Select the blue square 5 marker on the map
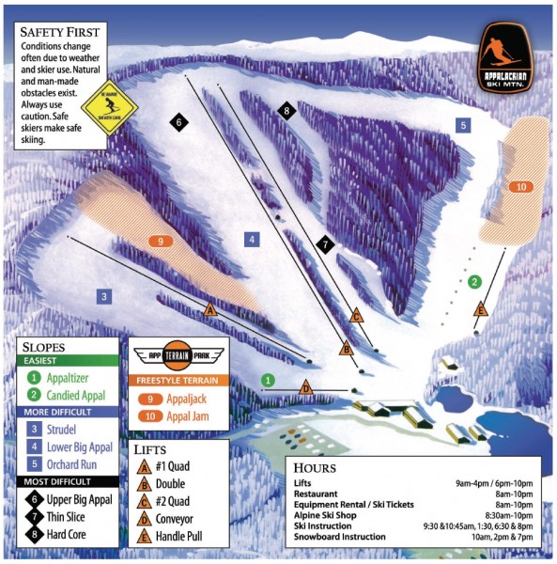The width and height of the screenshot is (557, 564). click(462, 124)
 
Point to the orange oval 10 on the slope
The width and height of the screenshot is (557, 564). click(520, 187)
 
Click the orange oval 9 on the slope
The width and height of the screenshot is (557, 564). click(162, 242)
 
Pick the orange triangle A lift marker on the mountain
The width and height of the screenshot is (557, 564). click(210, 309)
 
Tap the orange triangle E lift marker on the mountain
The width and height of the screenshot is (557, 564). click(481, 309)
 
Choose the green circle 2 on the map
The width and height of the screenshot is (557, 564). click(475, 281)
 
